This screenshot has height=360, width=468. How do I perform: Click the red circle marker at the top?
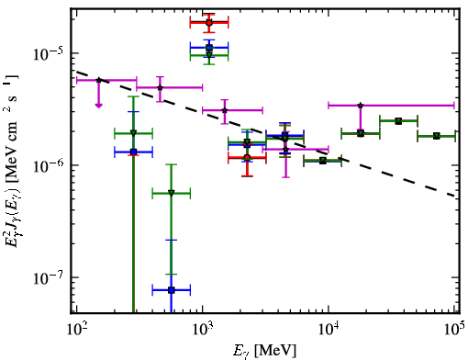(x=209, y=22)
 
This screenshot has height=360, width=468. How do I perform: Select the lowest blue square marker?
(x=172, y=290)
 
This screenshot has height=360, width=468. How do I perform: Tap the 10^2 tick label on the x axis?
(x=77, y=330)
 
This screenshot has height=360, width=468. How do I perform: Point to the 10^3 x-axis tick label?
(x=203, y=330)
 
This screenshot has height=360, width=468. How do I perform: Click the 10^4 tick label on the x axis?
(x=329, y=330)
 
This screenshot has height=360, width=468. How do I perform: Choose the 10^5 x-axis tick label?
(x=455, y=329)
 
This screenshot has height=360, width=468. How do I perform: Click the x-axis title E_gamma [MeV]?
(x=264, y=351)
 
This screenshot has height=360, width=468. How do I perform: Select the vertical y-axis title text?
(x=12, y=162)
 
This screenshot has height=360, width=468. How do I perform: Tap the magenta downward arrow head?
(x=98, y=106)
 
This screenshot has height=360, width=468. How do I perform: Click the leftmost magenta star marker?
(x=98, y=80)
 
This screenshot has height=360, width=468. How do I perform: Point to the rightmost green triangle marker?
(x=437, y=136)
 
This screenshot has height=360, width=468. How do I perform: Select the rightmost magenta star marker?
(x=361, y=106)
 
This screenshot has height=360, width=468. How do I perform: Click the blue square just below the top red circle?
(x=209, y=48)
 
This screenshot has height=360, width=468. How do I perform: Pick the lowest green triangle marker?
(x=172, y=193)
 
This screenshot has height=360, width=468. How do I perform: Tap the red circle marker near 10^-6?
(x=247, y=158)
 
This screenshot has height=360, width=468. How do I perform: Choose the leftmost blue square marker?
(x=133, y=152)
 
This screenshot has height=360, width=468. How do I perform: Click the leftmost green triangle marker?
(x=133, y=133)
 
